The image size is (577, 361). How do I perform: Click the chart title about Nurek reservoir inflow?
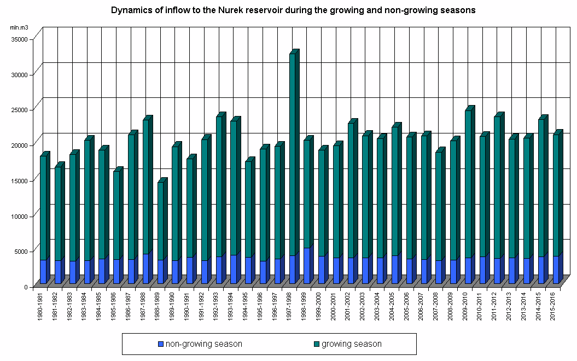[x=293, y=10]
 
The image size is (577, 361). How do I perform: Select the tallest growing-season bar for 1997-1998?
[x=292, y=153]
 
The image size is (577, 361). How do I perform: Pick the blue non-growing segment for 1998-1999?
[x=307, y=266]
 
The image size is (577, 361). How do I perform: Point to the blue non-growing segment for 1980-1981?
[x=43, y=272]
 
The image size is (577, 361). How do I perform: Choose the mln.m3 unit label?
[x=19, y=27]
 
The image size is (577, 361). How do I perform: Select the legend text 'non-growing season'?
[x=203, y=344]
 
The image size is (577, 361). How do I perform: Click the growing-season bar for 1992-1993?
[x=219, y=186]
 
